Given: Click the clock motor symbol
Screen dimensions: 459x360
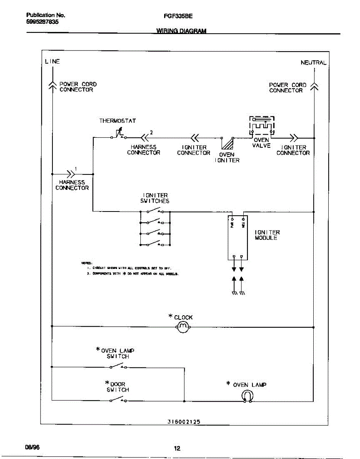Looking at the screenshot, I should [183, 327].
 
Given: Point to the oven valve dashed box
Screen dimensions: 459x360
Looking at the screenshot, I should [262, 126].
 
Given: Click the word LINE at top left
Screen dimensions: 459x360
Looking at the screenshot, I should [52, 61].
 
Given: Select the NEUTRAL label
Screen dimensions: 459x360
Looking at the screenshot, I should [313, 63].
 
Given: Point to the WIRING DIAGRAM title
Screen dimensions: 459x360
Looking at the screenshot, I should [181, 31].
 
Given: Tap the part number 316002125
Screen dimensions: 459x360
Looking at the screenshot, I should [184, 422].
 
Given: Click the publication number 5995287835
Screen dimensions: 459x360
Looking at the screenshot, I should [42, 22].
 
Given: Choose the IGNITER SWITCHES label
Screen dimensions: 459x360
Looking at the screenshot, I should [155, 198].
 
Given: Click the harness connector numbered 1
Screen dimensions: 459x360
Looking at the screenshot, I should [71, 174].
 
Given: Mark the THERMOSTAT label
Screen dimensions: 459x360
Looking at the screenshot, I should [117, 120].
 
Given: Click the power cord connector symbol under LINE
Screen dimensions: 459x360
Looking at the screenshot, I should [52, 86].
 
